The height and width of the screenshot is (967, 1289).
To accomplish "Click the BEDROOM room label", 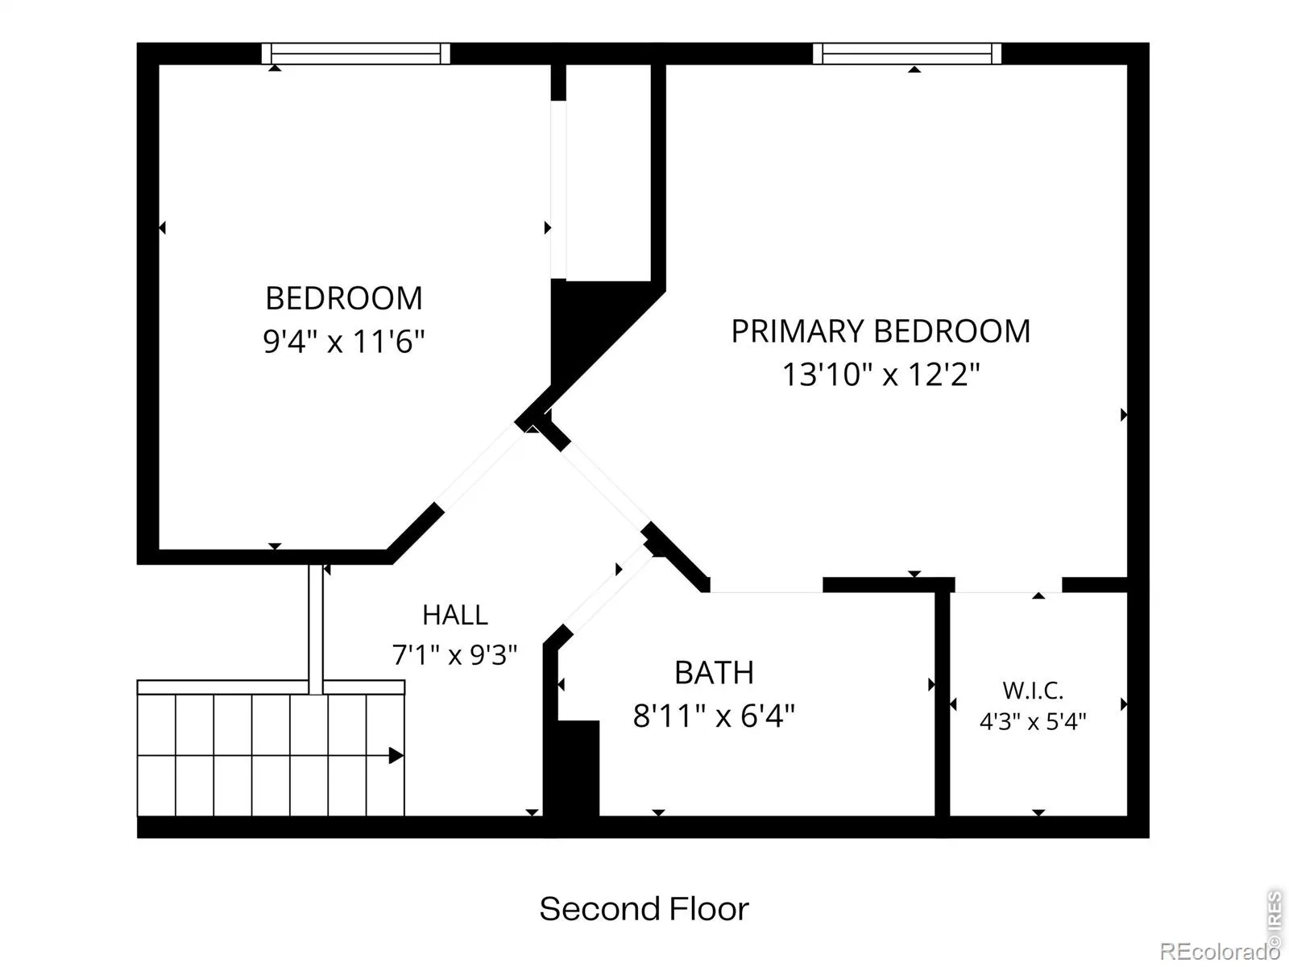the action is coord(344,298).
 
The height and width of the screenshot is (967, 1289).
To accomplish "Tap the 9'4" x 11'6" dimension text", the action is coord(343,341).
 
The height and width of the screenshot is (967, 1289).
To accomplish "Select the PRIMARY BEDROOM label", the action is coord(881,331).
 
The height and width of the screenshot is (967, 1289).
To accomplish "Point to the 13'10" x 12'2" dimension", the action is coord(881,374).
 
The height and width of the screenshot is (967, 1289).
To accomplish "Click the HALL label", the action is coord(455,616).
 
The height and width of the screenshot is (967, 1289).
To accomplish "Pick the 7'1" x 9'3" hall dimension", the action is coord(454,654).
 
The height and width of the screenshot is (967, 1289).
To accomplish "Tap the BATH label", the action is coord(714,673).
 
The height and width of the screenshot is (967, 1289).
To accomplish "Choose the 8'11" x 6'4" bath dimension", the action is coord(714,716).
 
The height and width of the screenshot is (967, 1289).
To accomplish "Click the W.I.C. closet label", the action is coord(1033,691).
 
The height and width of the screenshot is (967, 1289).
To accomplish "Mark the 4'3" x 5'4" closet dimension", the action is coord(1033,721).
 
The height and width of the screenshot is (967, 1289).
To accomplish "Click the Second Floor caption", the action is coord(644,910).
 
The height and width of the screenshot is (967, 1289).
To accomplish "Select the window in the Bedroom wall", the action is coord(356,53).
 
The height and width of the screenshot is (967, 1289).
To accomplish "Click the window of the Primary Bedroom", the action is coord(907,53).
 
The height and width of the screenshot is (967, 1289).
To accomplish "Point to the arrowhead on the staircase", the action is coord(396,756).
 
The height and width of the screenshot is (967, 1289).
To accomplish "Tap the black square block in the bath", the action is coord(578,768).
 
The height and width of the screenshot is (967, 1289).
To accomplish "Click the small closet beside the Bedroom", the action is coord(608,172).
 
